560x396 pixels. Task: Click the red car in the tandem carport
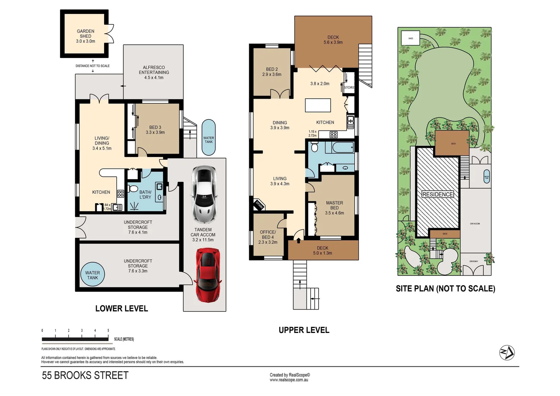[x=208, y=275]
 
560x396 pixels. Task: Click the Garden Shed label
[x=85, y=36]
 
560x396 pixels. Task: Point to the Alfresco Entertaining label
[x=154, y=73]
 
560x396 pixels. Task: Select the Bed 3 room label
[x=155, y=130]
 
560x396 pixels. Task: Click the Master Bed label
[x=334, y=208]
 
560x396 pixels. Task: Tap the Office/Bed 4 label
[x=268, y=237]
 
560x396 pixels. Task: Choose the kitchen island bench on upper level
[x=318, y=105]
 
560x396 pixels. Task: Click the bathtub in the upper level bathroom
[x=343, y=148]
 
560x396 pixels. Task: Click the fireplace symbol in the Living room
[x=259, y=205]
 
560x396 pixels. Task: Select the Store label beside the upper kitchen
[x=349, y=87]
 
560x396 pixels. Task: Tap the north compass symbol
[x=507, y=353]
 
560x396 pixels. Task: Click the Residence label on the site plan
[x=438, y=194]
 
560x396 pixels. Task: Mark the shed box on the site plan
[x=410, y=38]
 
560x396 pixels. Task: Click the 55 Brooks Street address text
[x=85, y=375]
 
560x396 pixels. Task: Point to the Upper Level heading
[x=304, y=330]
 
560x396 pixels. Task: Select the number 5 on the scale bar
[x=108, y=330]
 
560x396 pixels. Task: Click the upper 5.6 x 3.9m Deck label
[x=333, y=40]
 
